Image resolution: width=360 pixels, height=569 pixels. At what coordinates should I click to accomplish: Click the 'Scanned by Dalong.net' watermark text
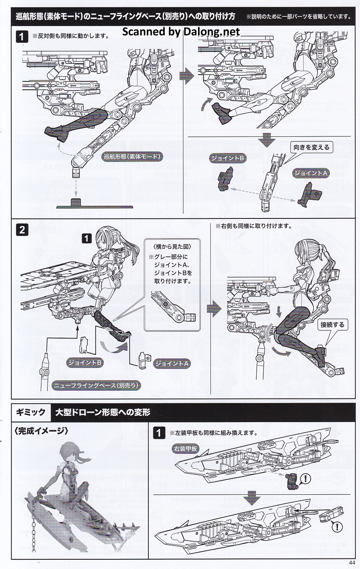pyautogui.click(x=181, y=31)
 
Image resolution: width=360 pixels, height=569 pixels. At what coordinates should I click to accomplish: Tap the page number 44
pyautogui.click(x=352, y=562)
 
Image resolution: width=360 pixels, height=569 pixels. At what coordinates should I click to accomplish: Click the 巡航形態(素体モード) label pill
pyautogui.click(x=132, y=157)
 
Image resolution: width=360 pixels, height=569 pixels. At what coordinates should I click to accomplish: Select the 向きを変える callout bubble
pyautogui.click(x=311, y=147)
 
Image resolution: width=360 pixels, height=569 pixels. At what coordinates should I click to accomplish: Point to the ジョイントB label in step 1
pyautogui.click(x=228, y=158)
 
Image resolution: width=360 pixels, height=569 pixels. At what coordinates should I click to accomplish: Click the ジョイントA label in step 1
pyautogui.click(x=311, y=173)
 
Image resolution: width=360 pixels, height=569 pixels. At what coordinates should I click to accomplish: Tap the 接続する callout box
pyautogui.click(x=332, y=325)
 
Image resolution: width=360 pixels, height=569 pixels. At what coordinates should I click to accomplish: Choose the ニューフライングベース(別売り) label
pyautogui.click(x=96, y=386)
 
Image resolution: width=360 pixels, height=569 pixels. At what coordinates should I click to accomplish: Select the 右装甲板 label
pyautogui.click(x=185, y=448)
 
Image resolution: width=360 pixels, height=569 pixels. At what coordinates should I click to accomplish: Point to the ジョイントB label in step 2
pyautogui.click(x=85, y=362)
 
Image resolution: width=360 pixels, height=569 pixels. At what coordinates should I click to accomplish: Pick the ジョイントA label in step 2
pyautogui.click(x=171, y=363)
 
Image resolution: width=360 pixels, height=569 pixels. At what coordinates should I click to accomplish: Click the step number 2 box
pyautogui.click(x=22, y=229)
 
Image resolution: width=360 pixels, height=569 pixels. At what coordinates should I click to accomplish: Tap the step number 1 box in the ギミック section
pyautogui.click(x=159, y=433)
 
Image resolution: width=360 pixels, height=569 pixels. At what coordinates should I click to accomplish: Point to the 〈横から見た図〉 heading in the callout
pyautogui.click(x=172, y=246)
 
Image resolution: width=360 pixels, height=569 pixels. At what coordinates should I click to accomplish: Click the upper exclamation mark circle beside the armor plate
pyautogui.click(x=305, y=478)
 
